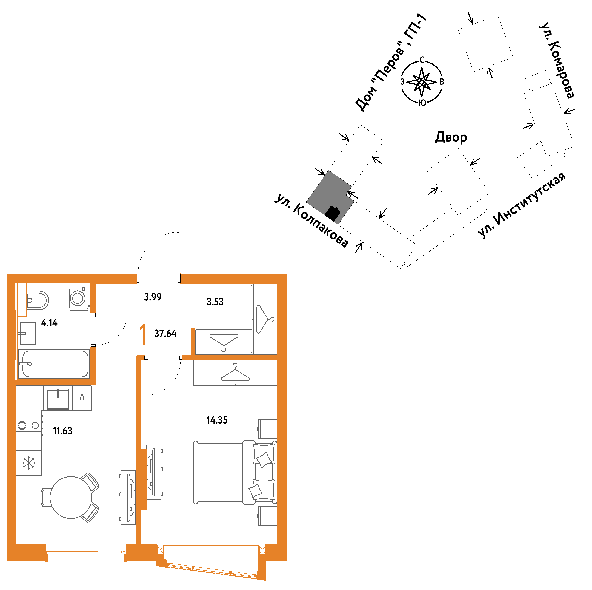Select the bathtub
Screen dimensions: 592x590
54,364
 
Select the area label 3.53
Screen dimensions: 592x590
215,302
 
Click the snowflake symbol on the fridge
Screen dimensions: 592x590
28,463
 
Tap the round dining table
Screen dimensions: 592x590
71,497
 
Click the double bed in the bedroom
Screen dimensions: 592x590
235,472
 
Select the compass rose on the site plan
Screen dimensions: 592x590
422,82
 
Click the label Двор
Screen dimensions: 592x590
451,137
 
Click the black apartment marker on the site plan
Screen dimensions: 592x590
333,213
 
